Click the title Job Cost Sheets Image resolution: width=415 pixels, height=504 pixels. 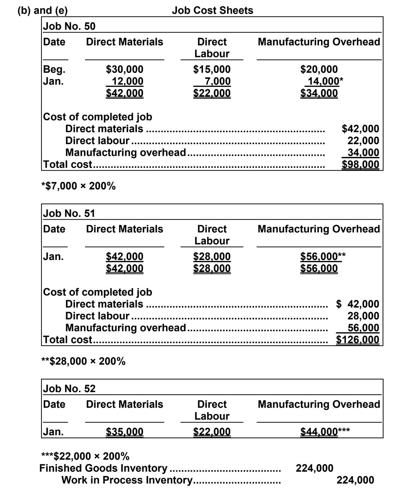212,11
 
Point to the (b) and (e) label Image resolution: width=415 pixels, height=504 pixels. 43,11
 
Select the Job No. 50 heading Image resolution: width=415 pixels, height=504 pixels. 69,26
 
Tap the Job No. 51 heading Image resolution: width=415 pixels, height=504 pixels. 69,214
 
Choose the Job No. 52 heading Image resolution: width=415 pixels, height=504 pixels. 69,389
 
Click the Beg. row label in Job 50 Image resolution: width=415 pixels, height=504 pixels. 54,69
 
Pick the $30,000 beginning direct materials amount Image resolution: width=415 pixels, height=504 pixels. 124,69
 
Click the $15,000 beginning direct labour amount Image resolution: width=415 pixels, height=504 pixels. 212,69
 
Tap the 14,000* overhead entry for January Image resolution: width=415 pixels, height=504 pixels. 323,81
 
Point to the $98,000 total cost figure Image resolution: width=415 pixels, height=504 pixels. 360,164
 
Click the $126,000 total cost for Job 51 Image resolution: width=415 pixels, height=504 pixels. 358,340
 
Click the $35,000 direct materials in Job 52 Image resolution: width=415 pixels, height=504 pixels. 124,432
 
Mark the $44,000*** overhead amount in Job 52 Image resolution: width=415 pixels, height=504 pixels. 325,432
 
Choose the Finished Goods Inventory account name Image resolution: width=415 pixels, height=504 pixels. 103,468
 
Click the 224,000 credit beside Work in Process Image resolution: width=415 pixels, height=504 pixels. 355,480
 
